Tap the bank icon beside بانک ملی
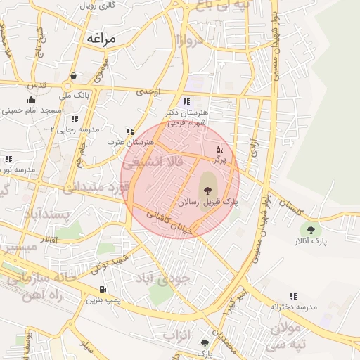coord(74,76)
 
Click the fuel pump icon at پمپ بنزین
coord(103,290)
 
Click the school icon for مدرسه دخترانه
coord(293,297)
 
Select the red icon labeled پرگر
coord(219,150)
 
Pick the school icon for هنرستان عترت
coord(130,131)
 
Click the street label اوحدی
coord(149,92)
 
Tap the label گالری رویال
coord(98,6)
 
